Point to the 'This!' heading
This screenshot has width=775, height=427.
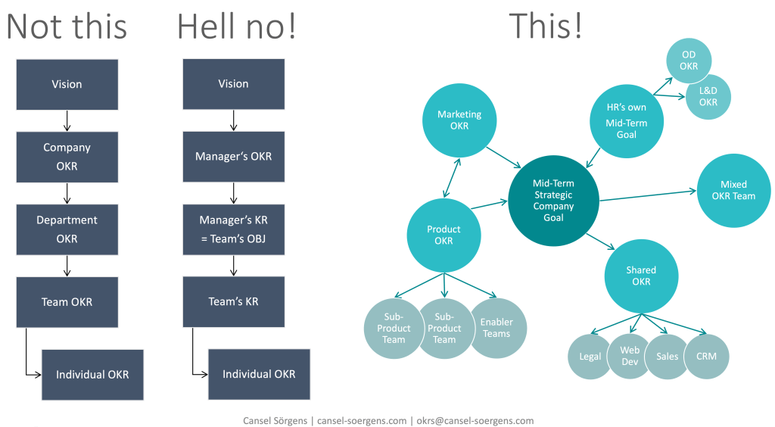point(545,26)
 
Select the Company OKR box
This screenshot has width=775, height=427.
point(67,157)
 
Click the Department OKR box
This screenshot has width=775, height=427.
point(67,229)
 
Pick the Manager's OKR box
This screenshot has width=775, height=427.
point(233,157)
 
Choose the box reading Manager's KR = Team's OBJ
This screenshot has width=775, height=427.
point(233,229)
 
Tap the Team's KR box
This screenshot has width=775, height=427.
point(233,301)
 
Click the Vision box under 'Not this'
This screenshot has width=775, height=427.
point(67,84)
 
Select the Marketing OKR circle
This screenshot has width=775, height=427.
point(459,120)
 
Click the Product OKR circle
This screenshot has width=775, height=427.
point(444,235)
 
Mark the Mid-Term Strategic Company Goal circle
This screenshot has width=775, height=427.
point(553,201)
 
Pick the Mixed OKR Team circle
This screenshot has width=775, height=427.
point(733,190)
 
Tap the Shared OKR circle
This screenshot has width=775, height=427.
point(641,276)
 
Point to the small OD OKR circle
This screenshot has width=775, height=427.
point(689,60)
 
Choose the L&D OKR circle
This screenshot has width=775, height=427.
point(708,97)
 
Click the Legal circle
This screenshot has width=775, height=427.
point(590,356)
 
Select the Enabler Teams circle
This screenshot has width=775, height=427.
point(496,328)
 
